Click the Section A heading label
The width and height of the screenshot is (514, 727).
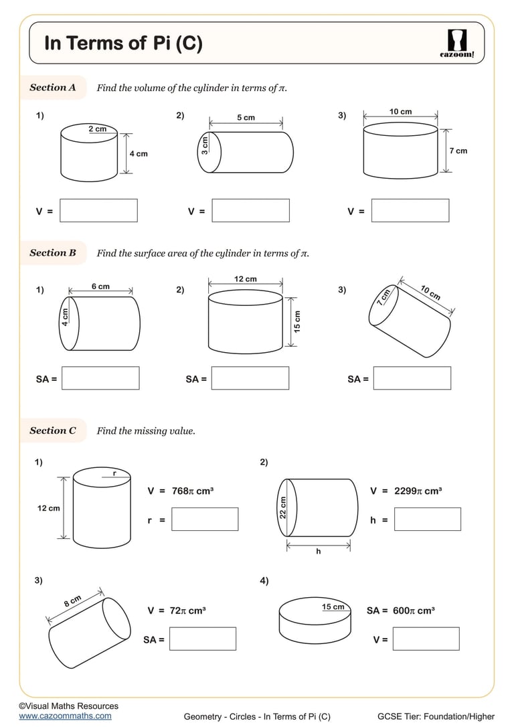click(53, 87)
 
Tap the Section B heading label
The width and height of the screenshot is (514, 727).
click(53, 252)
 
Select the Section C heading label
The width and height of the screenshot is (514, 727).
click(53, 430)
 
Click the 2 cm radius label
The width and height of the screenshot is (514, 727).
click(97, 129)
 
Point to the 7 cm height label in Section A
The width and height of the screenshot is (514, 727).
click(458, 151)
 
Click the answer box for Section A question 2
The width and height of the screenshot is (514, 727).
click(250, 210)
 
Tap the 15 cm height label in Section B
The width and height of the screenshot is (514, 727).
click(297, 321)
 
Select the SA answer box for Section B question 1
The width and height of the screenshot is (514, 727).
click(100, 378)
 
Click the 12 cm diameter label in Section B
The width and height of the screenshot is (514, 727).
click(246, 278)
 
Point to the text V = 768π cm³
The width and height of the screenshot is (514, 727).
click(180, 491)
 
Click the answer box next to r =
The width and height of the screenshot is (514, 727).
click(205, 519)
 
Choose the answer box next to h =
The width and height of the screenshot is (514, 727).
click(427, 519)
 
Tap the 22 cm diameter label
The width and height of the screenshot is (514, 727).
click(282, 507)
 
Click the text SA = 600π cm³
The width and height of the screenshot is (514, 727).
click(401, 611)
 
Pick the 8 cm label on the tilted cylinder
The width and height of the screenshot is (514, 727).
click(72, 600)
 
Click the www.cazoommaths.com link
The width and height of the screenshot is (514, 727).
click(65, 716)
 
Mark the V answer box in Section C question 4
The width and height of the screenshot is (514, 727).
click(426, 639)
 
